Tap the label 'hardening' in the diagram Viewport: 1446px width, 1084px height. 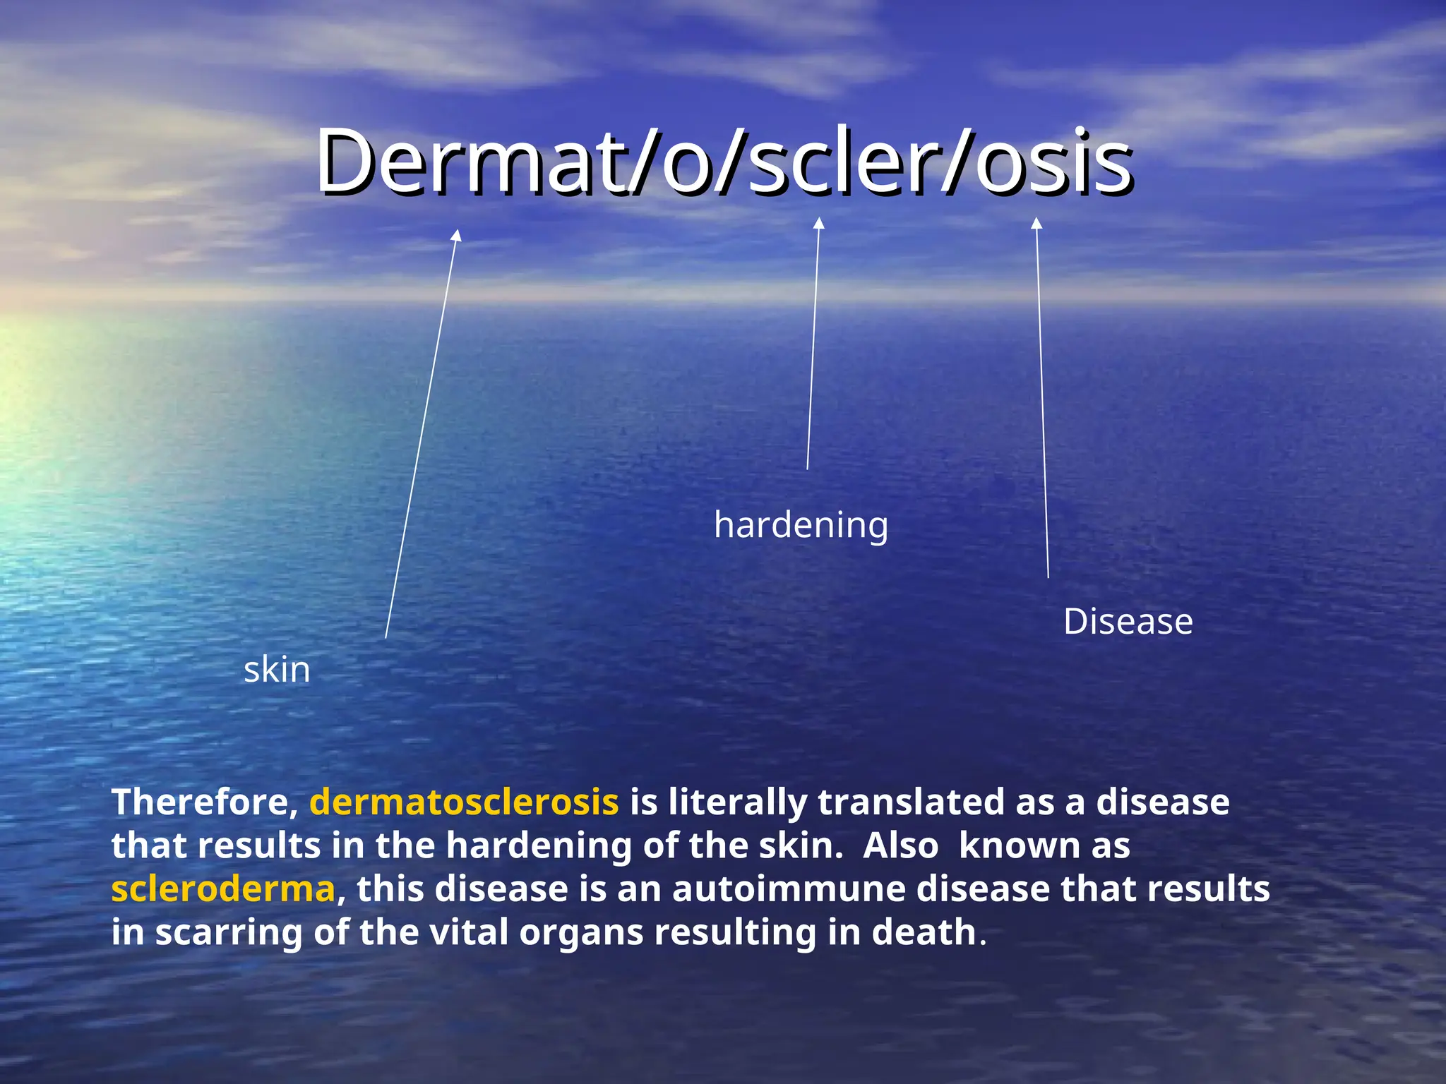801,525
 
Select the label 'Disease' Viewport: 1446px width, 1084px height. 1128,622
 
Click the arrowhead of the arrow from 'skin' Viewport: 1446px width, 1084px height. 458,235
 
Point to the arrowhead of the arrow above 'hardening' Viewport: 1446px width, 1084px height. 819,223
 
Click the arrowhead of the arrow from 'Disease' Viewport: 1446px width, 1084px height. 1036,223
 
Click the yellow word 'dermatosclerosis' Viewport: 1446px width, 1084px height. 464,802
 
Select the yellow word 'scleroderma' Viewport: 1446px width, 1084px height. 223,889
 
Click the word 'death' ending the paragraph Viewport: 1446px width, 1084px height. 924,933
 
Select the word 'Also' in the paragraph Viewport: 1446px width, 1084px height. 901,846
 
